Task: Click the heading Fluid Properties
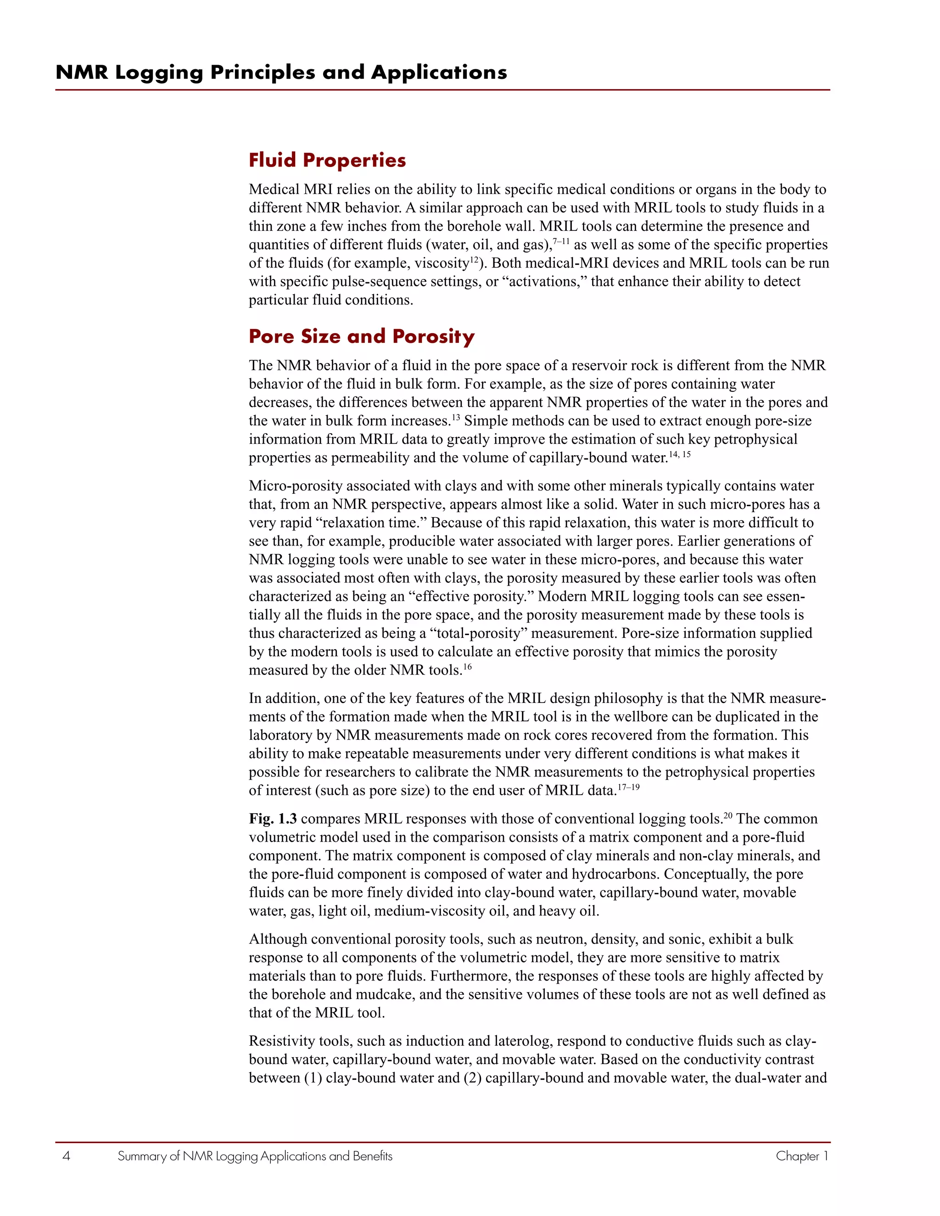coord(327,160)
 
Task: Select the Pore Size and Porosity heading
coord(361,336)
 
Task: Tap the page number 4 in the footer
coord(66,1156)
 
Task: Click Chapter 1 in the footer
coord(802,1156)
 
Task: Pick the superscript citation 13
coord(455,417)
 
